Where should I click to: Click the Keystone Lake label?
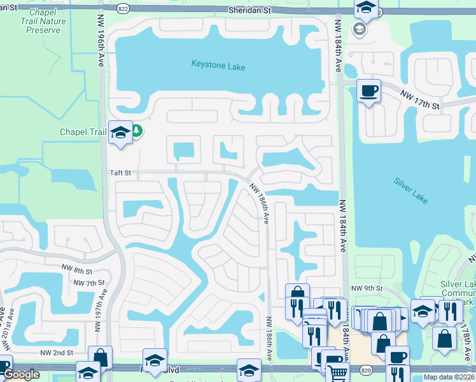tap(218, 66)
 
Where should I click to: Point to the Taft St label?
tap(120, 173)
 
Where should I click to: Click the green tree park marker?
tap(136, 132)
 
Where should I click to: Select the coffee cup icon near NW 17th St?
tap(369, 90)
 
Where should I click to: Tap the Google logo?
tap(22, 374)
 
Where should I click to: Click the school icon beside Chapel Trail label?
tap(120, 132)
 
